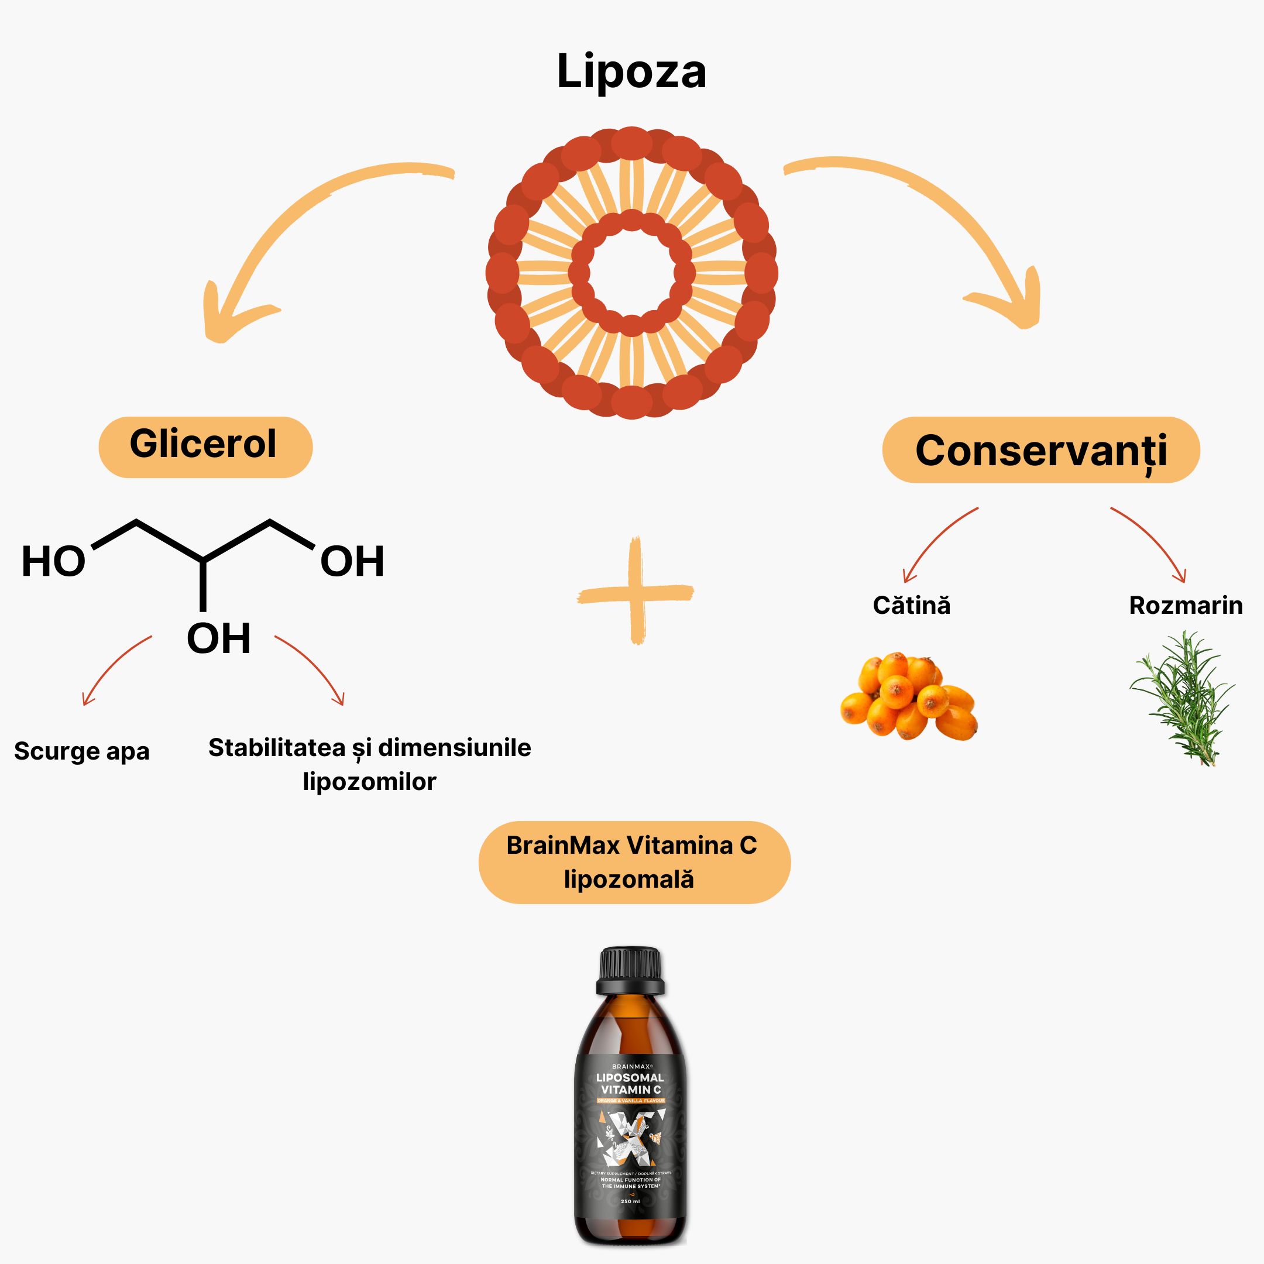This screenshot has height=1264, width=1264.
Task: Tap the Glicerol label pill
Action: point(205,446)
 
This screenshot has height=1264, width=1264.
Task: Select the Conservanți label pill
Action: point(1040,450)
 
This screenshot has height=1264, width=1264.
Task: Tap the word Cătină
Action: point(911,605)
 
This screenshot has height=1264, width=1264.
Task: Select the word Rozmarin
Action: point(1186,605)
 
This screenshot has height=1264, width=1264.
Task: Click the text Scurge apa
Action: point(82,751)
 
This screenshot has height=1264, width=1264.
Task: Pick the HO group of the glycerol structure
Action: point(54,561)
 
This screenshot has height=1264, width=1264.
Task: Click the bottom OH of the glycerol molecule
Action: point(218,638)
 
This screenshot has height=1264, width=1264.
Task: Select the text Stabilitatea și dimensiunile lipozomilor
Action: point(370,764)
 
